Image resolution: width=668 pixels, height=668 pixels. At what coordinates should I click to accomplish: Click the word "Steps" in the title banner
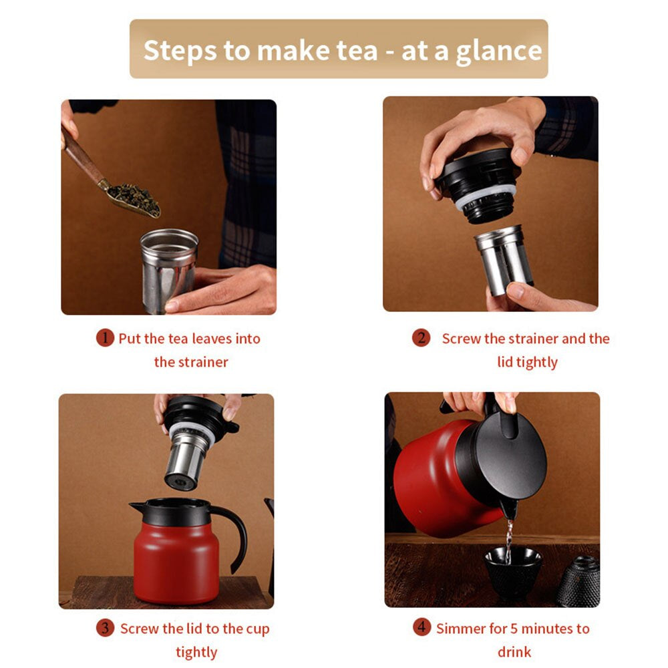click(x=179, y=51)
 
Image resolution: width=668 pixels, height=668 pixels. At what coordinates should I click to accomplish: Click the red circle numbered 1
click(x=105, y=338)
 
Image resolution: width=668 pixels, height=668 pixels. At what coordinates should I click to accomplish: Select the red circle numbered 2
click(x=420, y=338)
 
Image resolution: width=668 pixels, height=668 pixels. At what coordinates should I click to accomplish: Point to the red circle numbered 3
click(x=105, y=628)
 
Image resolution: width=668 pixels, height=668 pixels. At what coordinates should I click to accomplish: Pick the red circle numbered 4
click(x=421, y=628)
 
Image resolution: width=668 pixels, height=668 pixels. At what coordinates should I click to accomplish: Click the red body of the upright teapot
click(x=176, y=561)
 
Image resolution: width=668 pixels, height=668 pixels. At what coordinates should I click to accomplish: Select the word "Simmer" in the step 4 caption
click(x=461, y=629)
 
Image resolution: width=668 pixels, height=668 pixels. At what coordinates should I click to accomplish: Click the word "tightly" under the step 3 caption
click(x=196, y=652)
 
